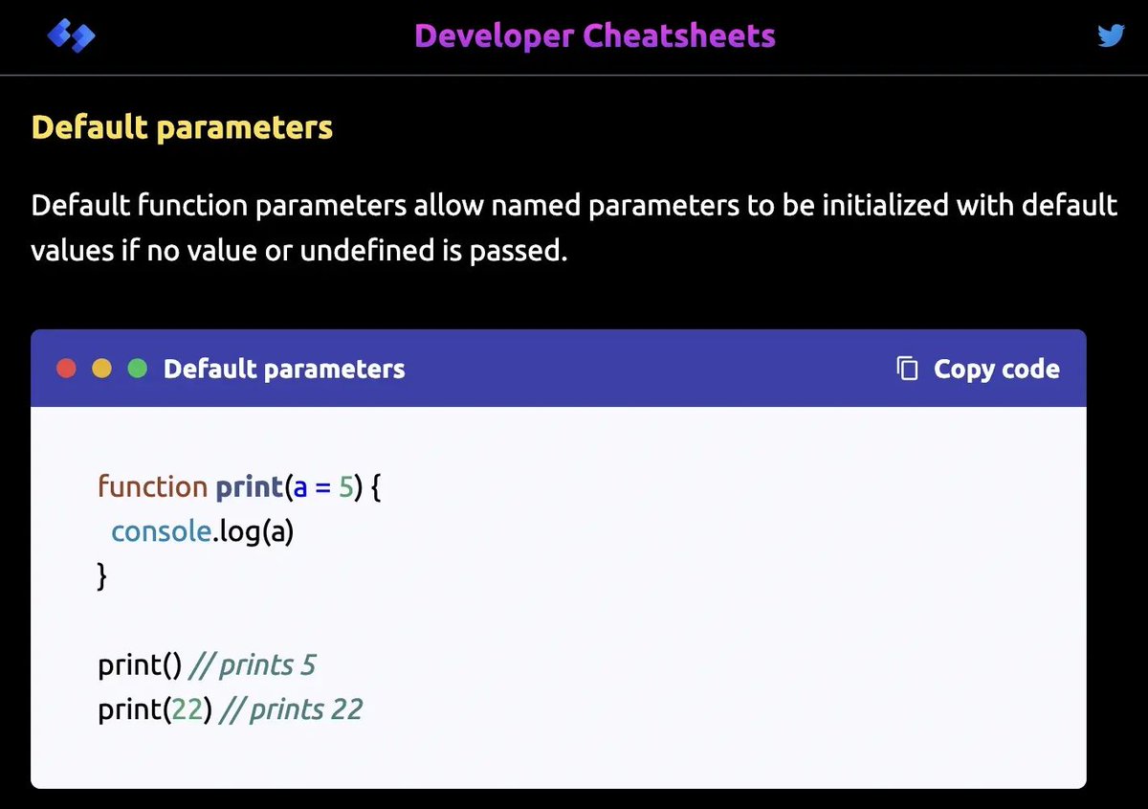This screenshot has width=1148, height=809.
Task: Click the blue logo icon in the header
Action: (x=71, y=37)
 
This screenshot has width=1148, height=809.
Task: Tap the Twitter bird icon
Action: (x=1111, y=36)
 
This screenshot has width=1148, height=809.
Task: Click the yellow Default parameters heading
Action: (x=182, y=127)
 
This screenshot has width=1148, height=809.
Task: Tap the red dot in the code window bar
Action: (x=66, y=369)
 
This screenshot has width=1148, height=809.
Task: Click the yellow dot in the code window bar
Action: (x=101, y=369)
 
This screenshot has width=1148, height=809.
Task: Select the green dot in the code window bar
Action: (x=137, y=369)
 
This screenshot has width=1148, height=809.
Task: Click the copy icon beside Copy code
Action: (x=907, y=369)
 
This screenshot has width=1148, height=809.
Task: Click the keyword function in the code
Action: (x=152, y=486)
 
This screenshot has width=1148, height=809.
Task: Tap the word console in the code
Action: (x=160, y=530)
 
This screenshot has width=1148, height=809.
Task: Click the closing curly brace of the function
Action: (x=102, y=576)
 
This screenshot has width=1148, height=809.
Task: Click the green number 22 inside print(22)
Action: (x=187, y=709)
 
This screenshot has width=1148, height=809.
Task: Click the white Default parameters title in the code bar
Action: (x=284, y=369)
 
